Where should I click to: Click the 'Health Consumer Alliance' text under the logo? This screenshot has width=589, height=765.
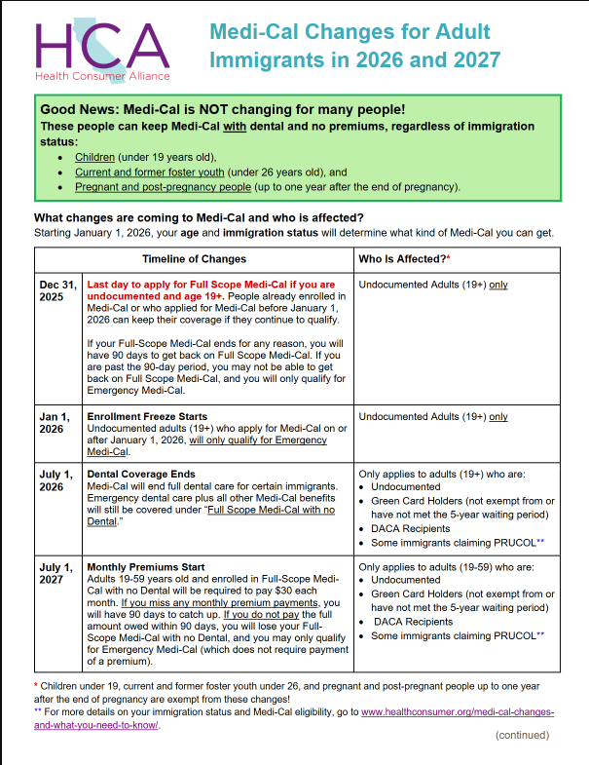click(x=101, y=76)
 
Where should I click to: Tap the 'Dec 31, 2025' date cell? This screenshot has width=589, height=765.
click(x=57, y=290)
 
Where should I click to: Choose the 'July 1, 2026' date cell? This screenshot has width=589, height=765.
click(x=57, y=480)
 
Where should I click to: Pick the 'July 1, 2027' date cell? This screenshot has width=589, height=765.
click(x=57, y=573)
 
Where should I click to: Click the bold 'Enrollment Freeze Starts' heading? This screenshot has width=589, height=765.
click(x=147, y=417)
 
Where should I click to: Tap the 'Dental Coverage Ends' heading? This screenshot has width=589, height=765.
click(x=140, y=475)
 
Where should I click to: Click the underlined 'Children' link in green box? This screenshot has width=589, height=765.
click(x=94, y=156)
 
